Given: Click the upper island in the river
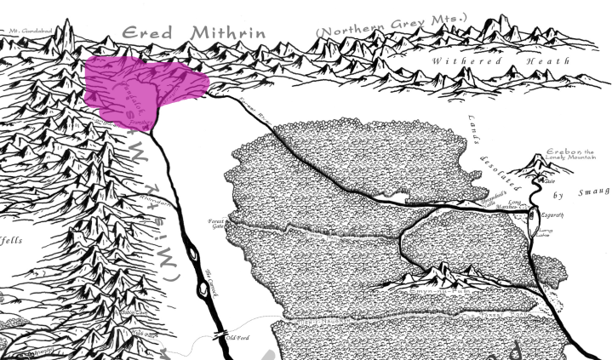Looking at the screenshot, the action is coord(193,253).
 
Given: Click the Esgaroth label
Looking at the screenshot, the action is coord(552,215).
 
